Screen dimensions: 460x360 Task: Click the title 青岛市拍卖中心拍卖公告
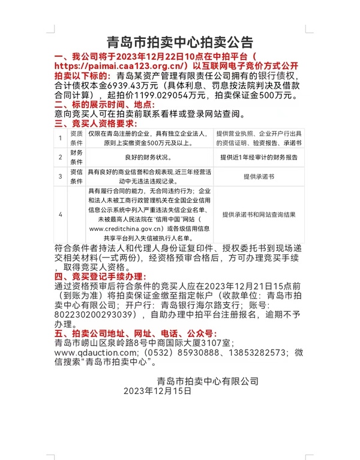coord(179,42)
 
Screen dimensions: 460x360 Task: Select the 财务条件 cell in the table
coord(76,158)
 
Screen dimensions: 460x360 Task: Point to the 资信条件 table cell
coord(76,176)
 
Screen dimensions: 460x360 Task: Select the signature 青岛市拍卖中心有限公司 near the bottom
coord(208,381)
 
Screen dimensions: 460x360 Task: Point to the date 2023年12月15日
coord(157,391)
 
